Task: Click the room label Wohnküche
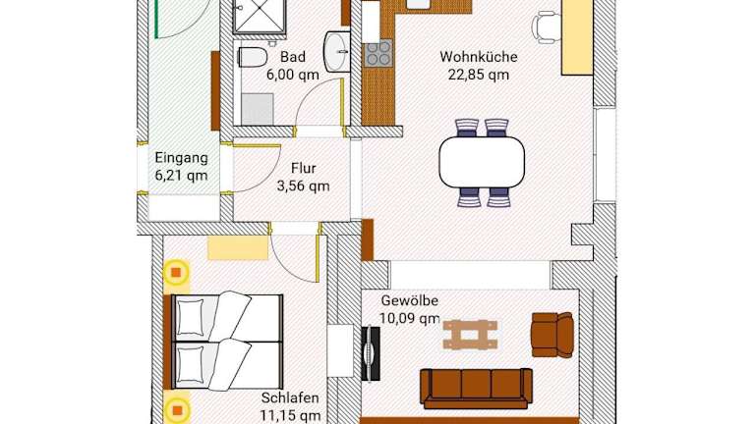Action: coord(479,57)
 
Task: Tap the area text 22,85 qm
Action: coord(479,75)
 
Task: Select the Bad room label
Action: coord(293,57)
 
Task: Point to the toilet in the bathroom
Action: coord(253,57)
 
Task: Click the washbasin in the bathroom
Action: coord(336,51)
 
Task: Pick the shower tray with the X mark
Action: coord(260,16)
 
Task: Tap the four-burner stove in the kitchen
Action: coord(377,54)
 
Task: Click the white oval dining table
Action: coord(482,162)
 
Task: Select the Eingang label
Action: coord(182,158)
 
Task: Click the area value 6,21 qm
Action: coord(182,176)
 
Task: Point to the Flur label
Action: coord(304,168)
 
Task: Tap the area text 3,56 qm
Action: coord(304,186)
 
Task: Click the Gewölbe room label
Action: coord(410,301)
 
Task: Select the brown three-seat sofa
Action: coord(476,389)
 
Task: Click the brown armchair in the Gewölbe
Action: coord(552,335)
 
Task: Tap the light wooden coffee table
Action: coord(470,335)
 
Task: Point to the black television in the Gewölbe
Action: coord(371,353)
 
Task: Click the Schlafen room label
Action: coord(290,398)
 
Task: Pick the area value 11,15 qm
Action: coord(290,416)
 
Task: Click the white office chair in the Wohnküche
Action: coord(547,27)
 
